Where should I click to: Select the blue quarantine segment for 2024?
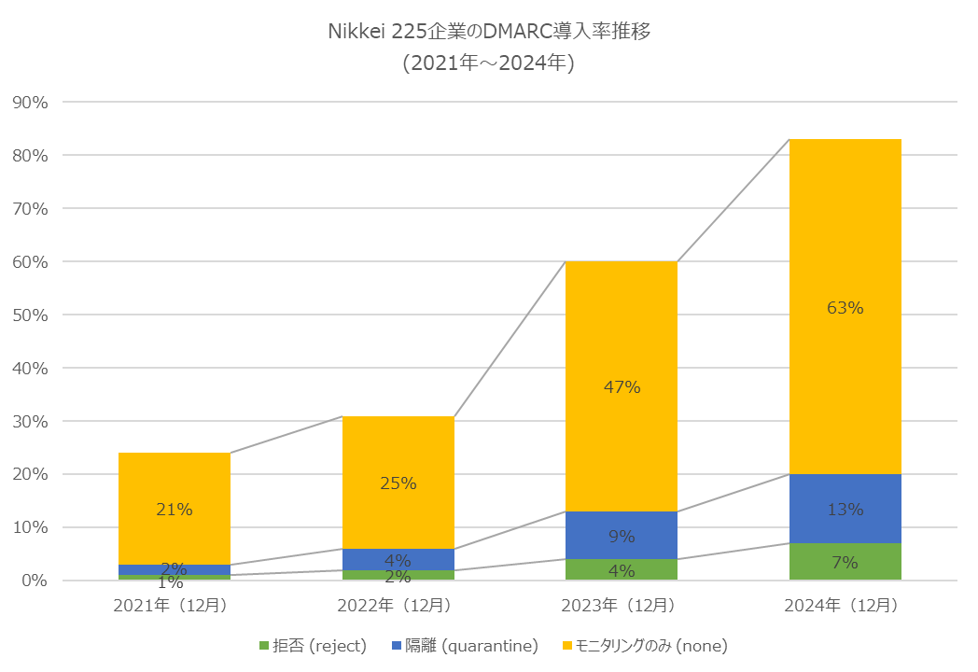(845, 495)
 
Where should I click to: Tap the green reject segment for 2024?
(845, 562)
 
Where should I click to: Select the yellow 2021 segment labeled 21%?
(174, 485)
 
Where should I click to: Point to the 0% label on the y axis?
(33, 581)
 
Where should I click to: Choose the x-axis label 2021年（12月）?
(174, 606)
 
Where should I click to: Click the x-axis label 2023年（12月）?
(621, 606)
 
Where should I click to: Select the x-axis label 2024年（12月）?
(845, 606)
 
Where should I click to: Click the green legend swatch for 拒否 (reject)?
(263, 646)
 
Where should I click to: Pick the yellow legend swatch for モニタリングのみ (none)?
(566, 646)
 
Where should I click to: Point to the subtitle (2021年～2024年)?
(488, 63)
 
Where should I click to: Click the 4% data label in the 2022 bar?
(398, 561)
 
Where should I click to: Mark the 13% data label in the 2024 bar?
(845, 510)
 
